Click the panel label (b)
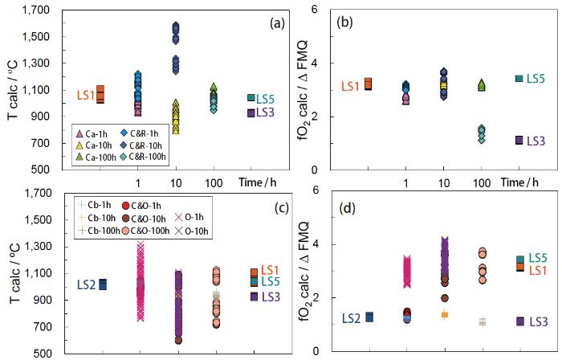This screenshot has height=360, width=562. [347, 23]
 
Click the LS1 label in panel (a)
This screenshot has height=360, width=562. [84, 97]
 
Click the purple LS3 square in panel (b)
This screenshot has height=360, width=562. [520, 140]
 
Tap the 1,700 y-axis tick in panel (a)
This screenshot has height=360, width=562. [37, 10]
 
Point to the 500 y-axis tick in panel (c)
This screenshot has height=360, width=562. [42, 353]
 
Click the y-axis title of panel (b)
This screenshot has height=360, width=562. [306, 88]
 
